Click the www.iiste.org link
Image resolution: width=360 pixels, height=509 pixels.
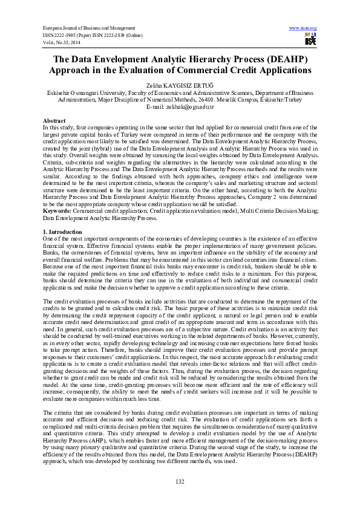303,28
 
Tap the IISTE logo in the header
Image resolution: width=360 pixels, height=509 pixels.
311,40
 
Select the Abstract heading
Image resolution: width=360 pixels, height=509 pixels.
54,121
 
